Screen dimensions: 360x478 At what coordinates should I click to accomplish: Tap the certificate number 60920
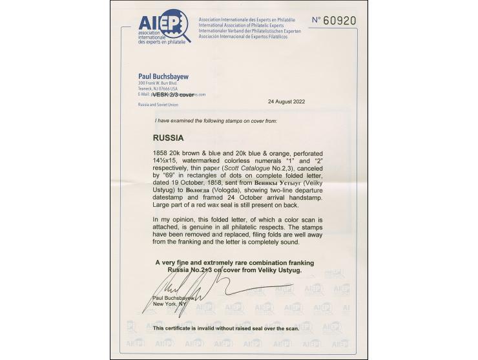tap(333, 20)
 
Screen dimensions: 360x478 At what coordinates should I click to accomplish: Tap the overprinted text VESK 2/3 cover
tap(172, 94)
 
